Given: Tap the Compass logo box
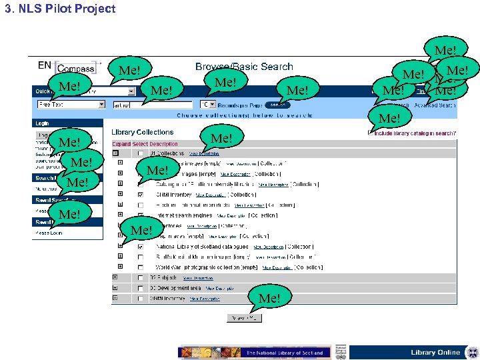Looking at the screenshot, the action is (x=75, y=68).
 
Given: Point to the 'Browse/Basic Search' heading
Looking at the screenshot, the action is (x=244, y=67).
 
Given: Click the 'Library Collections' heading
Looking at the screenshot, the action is (x=142, y=133).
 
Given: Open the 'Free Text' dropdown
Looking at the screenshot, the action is (x=71, y=105).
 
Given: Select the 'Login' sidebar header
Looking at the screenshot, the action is (x=42, y=123).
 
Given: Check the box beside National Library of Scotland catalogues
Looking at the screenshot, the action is (x=141, y=246).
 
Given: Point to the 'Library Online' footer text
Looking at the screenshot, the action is (x=435, y=352).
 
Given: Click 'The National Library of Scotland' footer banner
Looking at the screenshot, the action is (x=285, y=352).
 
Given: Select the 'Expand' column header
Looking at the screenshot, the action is (x=121, y=144).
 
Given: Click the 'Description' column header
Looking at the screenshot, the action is (x=162, y=144).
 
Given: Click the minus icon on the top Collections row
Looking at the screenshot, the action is (x=117, y=153).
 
